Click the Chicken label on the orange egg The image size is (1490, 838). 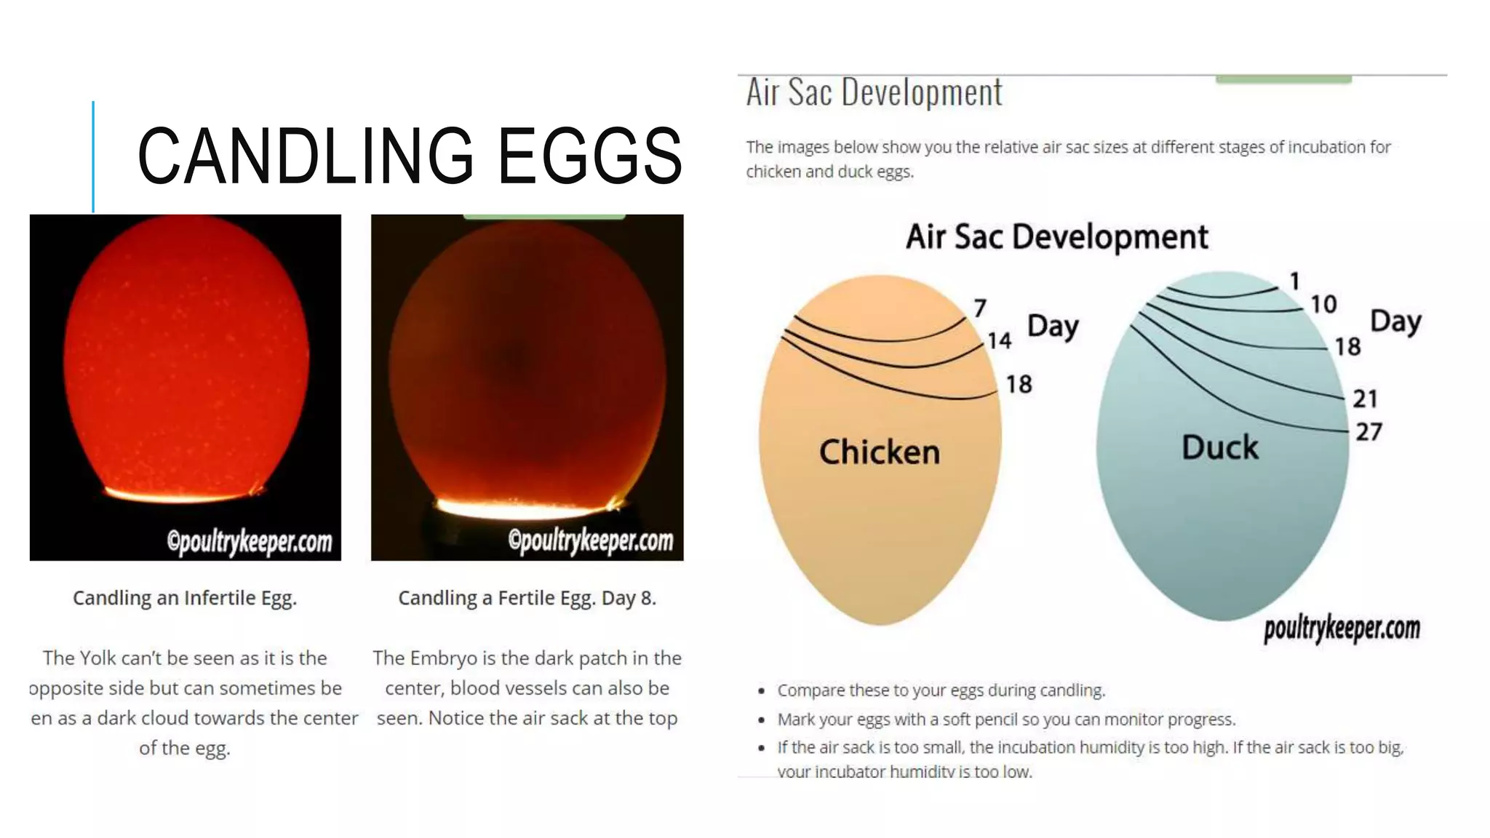pyautogui.click(x=880, y=452)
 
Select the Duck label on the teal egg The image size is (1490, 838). pyautogui.click(x=1220, y=447)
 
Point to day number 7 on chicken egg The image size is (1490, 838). pyautogui.click(x=980, y=308)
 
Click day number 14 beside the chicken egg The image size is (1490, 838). pyautogui.click(x=999, y=340)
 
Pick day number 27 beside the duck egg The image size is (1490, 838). pyautogui.click(x=1369, y=432)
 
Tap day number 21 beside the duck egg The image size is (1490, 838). pyautogui.click(x=1365, y=399)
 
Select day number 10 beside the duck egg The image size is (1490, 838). pyautogui.click(x=1323, y=304)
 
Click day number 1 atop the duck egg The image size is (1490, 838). pyautogui.click(x=1295, y=281)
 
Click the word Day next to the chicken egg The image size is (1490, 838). pyautogui.click(x=1053, y=327)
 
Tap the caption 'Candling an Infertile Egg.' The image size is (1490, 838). pyautogui.click(x=185, y=598)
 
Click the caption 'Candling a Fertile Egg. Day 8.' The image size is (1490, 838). pyautogui.click(x=527, y=598)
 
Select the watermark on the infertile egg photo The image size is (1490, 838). pyautogui.click(x=250, y=542)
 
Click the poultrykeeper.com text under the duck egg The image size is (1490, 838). pyautogui.click(x=1342, y=628)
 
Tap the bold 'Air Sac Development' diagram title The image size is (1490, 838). pyautogui.click(x=1056, y=237)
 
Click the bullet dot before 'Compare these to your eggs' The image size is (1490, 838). pyautogui.click(x=761, y=690)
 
